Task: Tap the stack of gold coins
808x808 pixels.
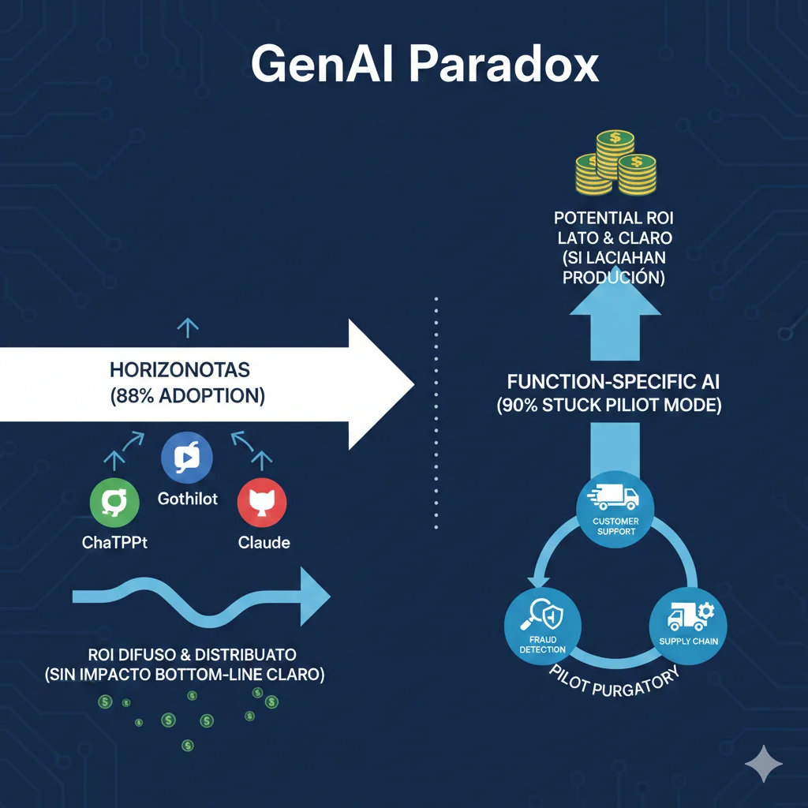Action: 616,163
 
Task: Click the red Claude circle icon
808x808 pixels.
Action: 261,501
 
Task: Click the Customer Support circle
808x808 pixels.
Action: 615,506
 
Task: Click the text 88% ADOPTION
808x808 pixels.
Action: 187,395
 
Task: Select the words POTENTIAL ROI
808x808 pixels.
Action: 613,217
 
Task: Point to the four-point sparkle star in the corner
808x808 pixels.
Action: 764,763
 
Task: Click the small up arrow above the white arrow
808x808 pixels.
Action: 187,327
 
